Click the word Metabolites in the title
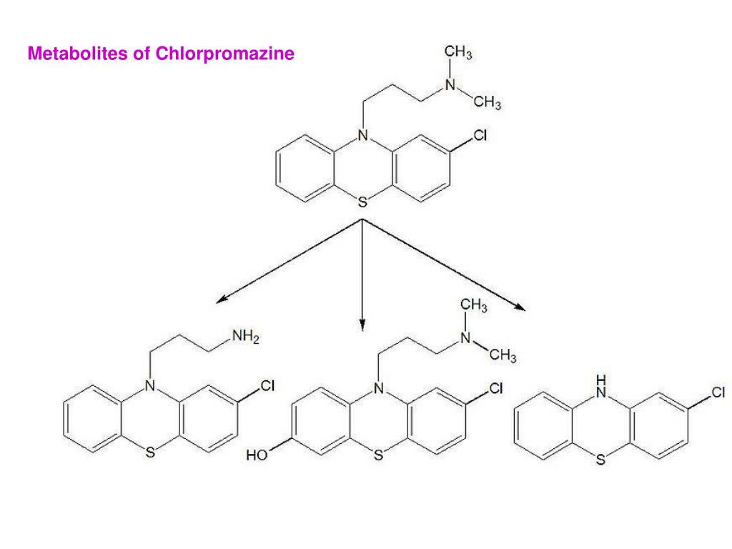coord(77,54)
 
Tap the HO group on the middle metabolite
coord(257,455)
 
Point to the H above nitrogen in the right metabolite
coord(602,379)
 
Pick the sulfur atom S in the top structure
coord(362,203)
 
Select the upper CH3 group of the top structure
coord(458,52)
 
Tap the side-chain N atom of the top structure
coord(450,84)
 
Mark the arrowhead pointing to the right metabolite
coord(520,307)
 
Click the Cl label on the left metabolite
coord(267,387)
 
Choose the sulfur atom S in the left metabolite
coord(150,452)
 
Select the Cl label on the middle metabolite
coord(495,389)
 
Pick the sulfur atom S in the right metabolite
coord(600,460)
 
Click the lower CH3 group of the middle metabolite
coord(503,355)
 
